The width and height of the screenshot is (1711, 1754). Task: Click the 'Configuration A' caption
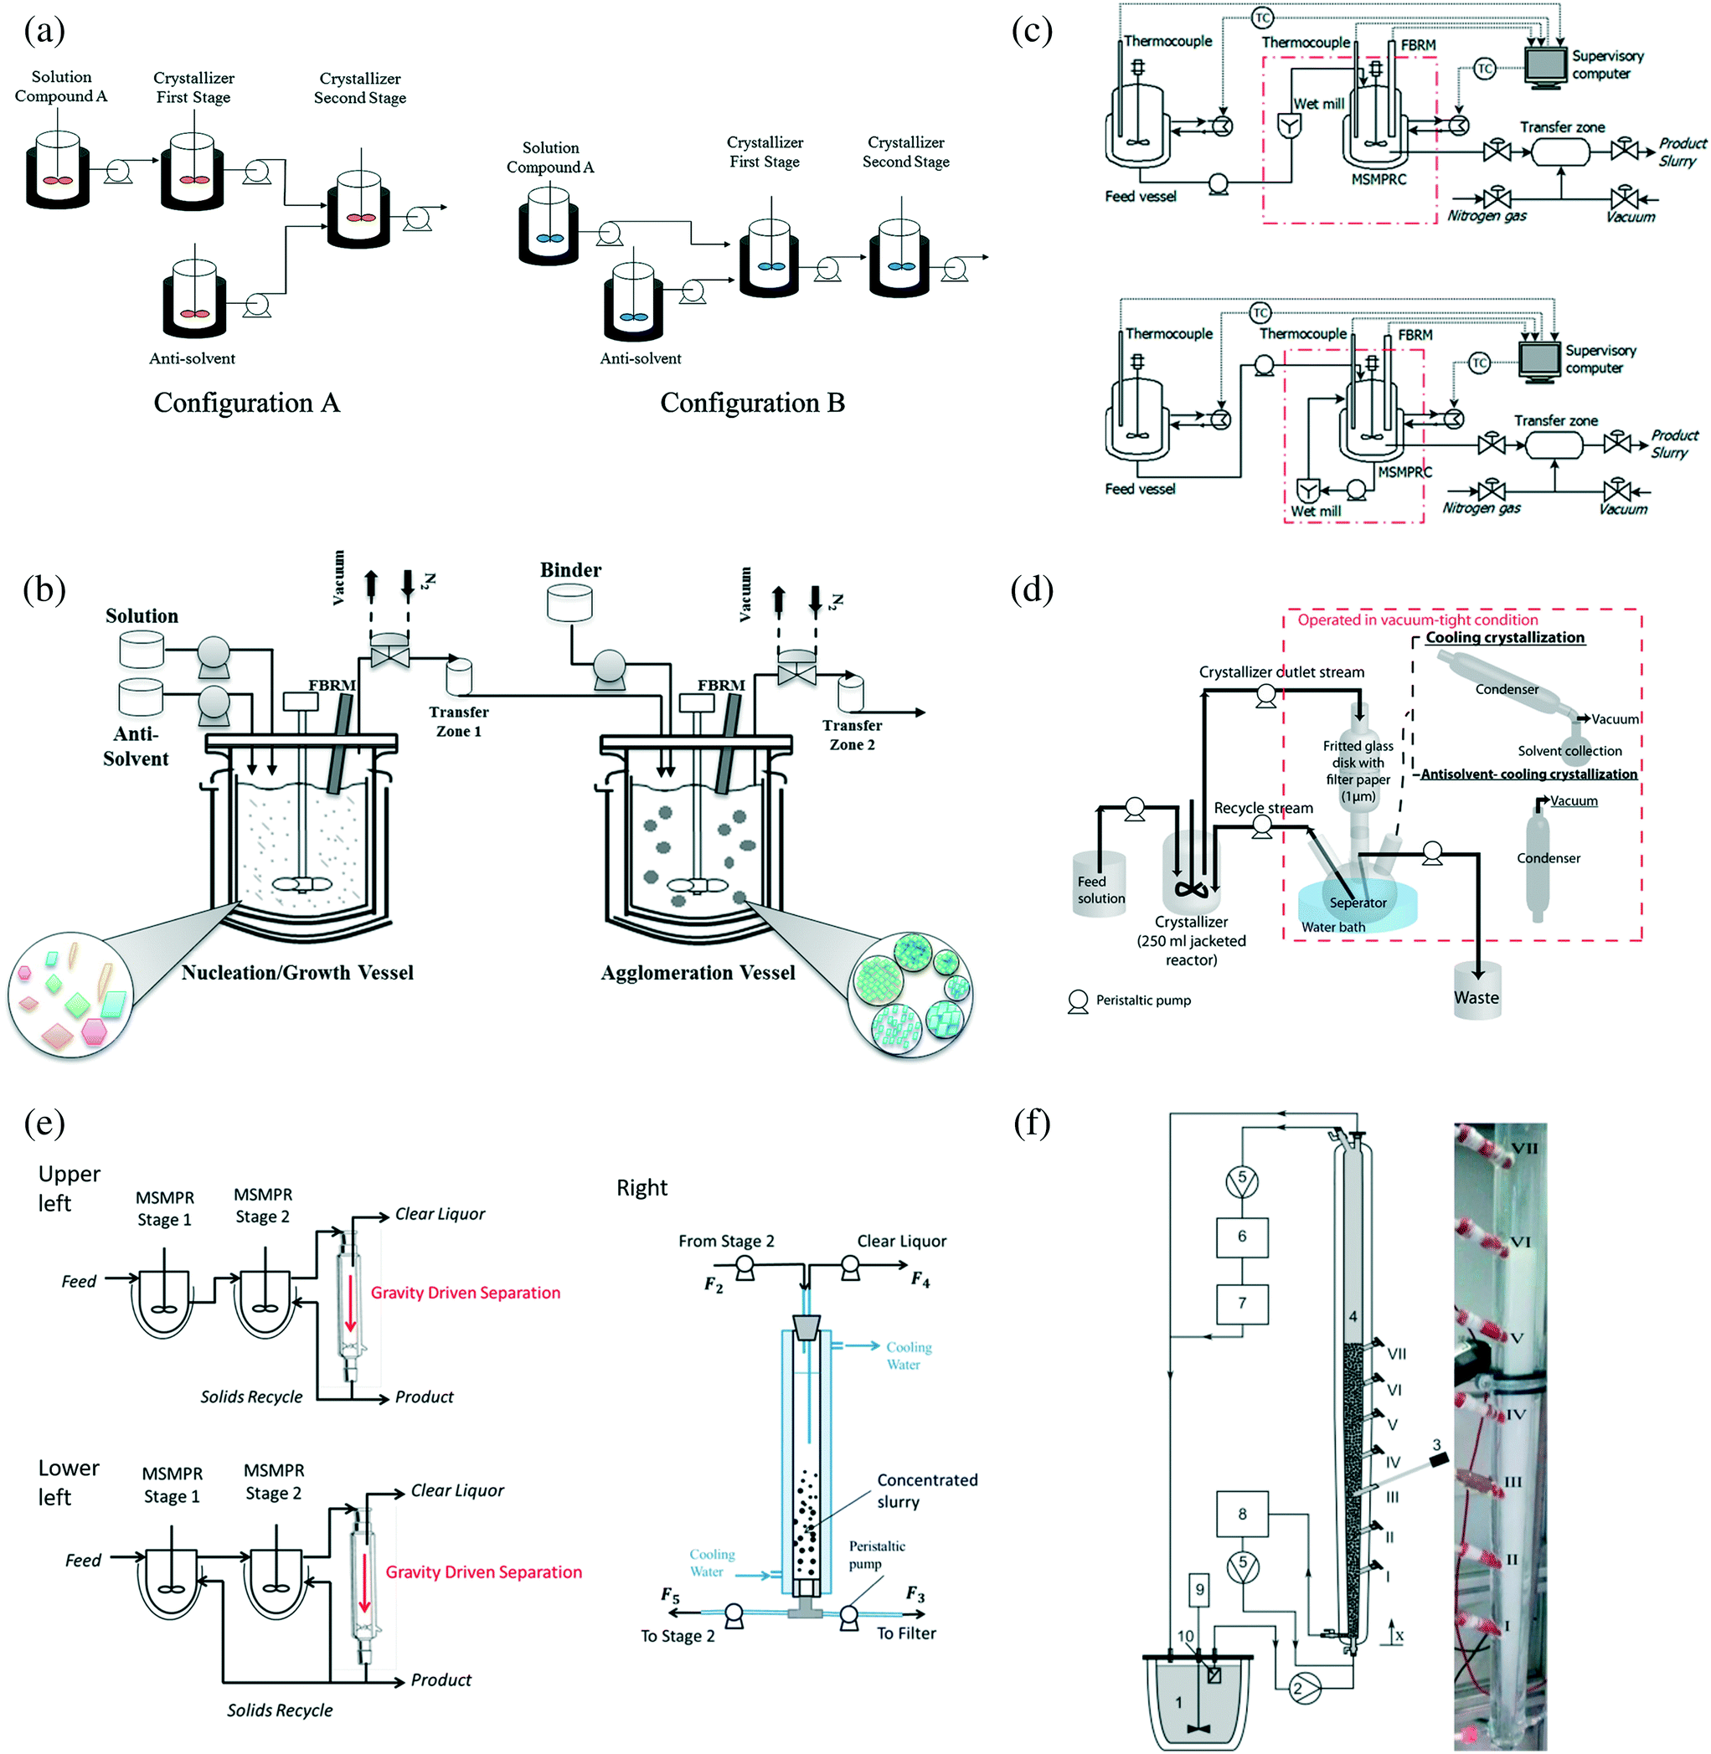pos(246,403)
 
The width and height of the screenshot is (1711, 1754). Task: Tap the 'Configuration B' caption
pos(752,403)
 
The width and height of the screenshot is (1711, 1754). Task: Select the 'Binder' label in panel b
pos(570,569)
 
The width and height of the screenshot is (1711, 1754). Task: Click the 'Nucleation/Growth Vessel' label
pos(297,972)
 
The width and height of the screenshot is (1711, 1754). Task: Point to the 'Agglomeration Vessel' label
pos(698,972)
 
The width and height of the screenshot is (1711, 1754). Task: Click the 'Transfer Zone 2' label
pos(852,734)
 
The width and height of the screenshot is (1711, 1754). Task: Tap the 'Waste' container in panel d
pos(1477,994)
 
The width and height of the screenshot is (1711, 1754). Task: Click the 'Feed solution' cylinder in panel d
pos(1100,886)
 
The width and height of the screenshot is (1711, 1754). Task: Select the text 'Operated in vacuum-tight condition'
pos(1417,620)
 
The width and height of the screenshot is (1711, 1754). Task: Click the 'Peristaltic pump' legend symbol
pos(1078,1001)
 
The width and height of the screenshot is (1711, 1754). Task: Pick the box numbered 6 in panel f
pos(1242,1237)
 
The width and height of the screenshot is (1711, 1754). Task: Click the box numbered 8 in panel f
pos(1242,1514)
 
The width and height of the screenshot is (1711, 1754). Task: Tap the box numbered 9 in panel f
pos(1199,1590)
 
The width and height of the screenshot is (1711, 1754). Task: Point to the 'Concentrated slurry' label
pos(926,1491)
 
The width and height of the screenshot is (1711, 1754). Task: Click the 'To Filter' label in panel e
pos(906,1633)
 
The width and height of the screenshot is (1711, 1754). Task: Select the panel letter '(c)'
pos(1032,32)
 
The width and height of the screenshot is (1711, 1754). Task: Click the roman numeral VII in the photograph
pos(1524,1149)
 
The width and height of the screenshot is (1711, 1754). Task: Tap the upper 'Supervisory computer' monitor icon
pos(1546,64)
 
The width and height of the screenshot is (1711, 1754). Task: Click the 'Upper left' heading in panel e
pos(69,1188)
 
